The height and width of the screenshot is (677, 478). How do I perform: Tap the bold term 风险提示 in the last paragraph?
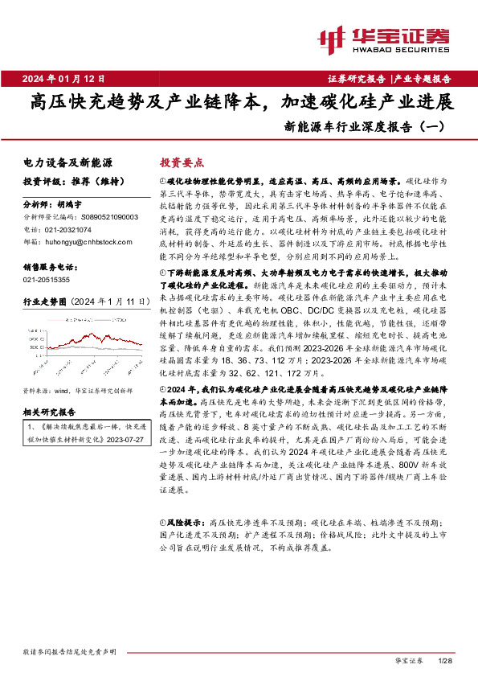point(182,522)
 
